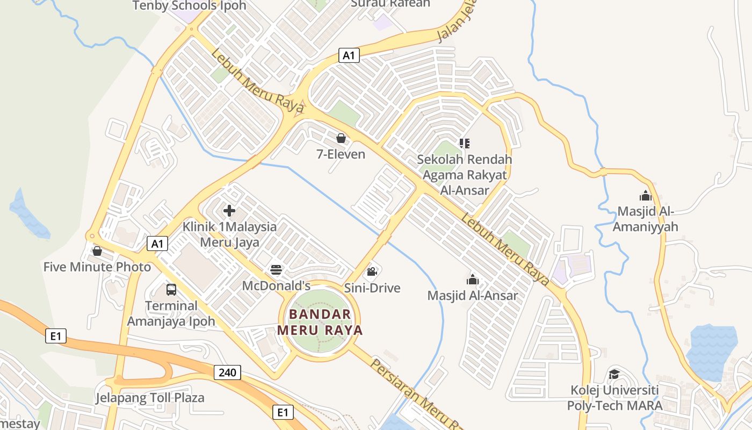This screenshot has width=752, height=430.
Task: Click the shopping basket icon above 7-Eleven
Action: pyautogui.click(x=341, y=138)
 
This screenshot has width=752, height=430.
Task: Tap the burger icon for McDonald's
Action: pyautogui.click(x=276, y=269)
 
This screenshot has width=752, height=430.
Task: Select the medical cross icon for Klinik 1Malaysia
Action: pyautogui.click(x=229, y=210)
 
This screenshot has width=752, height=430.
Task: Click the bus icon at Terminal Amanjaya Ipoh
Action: pyautogui.click(x=171, y=290)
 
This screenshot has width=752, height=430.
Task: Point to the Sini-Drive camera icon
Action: pyautogui.click(x=372, y=271)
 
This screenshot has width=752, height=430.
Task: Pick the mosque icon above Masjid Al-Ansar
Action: pyautogui.click(x=473, y=279)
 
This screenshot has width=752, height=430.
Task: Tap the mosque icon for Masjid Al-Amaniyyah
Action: pyautogui.click(x=646, y=195)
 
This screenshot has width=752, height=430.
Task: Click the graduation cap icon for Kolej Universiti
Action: pyautogui.click(x=614, y=374)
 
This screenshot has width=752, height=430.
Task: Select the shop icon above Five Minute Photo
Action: pyautogui.click(x=97, y=251)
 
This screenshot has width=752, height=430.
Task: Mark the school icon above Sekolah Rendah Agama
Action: pyautogui.click(x=465, y=143)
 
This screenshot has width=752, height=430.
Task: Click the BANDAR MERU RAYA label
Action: pyautogui.click(x=320, y=322)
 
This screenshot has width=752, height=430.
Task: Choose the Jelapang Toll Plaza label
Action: pyautogui.click(x=150, y=398)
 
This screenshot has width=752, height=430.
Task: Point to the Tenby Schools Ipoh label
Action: pyautogui.click(x=189, y=6)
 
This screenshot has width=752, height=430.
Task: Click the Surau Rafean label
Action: pyautogui.click(x=391, y=4)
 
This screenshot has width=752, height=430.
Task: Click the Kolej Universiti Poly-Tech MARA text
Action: pyautogui.click(x=615, y=397)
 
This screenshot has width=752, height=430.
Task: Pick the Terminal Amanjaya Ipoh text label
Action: pyautogui.click(x=171, y=313)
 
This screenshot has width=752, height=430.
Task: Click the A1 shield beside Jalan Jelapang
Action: pyautogui.click(x=349, y=55)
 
